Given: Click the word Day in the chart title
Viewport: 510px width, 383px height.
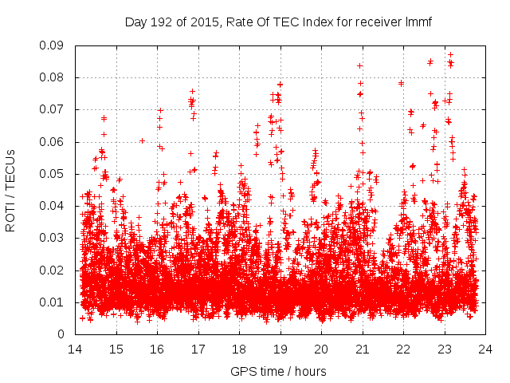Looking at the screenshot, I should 136,22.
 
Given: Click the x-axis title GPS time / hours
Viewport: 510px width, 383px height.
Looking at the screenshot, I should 278,372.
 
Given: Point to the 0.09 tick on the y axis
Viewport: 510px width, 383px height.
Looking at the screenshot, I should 56,45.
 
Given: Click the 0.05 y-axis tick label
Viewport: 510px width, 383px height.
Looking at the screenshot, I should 56,174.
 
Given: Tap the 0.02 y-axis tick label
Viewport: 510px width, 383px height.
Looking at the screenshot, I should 56,270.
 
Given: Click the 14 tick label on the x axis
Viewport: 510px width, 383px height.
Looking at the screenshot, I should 75,349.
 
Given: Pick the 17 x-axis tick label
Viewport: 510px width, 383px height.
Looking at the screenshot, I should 198,349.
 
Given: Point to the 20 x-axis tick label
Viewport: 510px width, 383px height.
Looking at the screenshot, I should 321,349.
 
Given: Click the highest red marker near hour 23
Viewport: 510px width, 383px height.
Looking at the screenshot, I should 450,55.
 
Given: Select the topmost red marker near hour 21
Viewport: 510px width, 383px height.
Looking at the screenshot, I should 359,66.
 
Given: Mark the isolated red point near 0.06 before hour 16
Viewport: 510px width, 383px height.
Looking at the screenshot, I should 142,140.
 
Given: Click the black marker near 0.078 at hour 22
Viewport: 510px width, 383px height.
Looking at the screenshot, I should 402,83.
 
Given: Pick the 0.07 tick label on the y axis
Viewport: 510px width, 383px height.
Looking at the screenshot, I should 56,109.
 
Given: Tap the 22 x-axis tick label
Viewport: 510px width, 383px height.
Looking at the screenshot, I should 404,349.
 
